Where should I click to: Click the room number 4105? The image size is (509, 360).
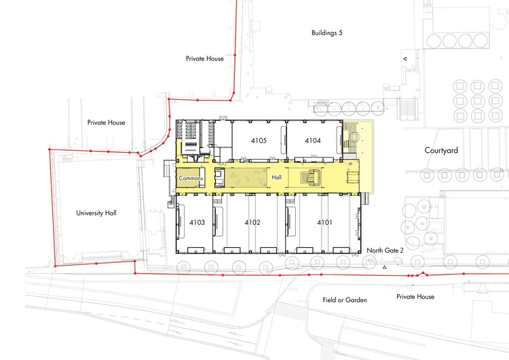coord(259,141)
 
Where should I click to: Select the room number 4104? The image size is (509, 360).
coord(313,141)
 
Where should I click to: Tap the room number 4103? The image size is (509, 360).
coord(197,223)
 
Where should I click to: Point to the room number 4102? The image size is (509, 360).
coord(252,223)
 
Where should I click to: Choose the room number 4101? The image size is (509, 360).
coord(324,223)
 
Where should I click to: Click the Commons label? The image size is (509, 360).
coord(191,178)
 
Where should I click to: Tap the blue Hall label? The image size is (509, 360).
coord(277,177)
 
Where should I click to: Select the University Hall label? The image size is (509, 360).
coord(96,213)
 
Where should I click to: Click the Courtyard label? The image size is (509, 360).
coord(441,150)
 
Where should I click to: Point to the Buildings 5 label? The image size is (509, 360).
coord(327,33)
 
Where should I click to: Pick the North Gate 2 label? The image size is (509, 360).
coord(385,251)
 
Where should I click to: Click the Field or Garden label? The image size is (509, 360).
coord(345,300)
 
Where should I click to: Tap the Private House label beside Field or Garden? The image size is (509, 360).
coord(415,297)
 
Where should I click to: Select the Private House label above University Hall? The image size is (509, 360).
coord(106,122)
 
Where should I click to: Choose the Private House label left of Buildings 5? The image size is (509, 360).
coord(204,58)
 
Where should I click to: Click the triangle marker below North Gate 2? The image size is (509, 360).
coord(384,268)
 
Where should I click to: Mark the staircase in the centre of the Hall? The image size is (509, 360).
coord(312,178)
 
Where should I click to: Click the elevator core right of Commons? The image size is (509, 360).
coord(219,177)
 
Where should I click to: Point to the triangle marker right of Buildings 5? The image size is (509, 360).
coord(404,59)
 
